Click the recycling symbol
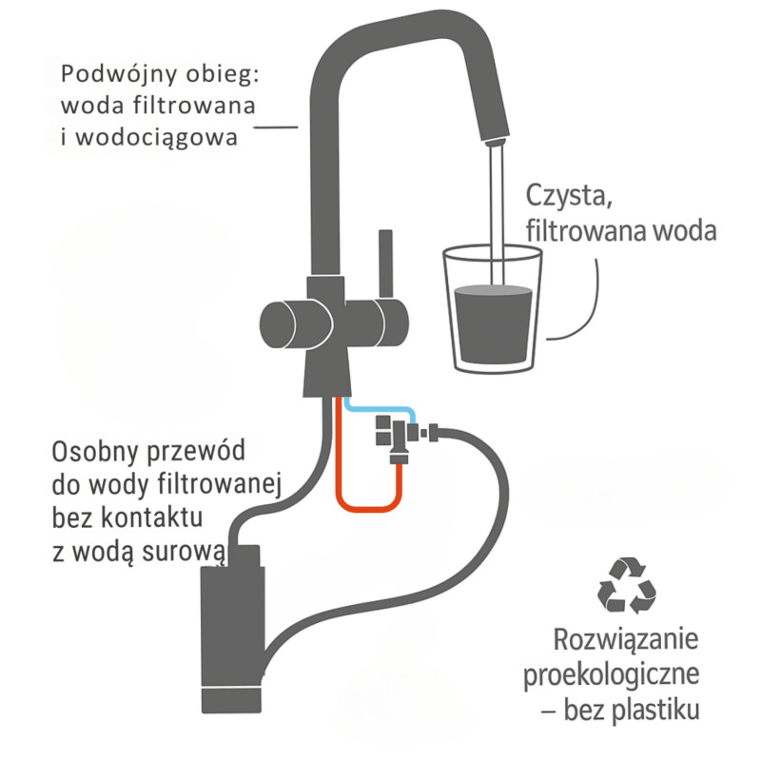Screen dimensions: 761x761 pos(626,584)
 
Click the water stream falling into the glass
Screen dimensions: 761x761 pos(494,209)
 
